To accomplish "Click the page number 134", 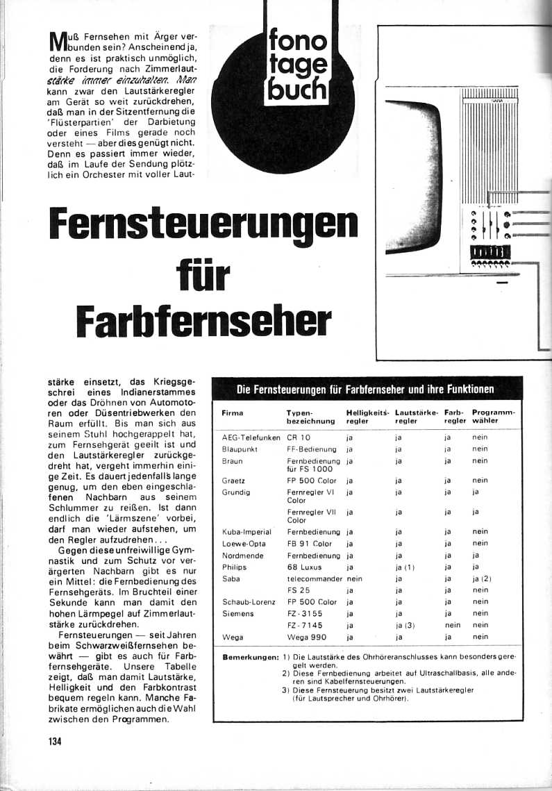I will point(56,740).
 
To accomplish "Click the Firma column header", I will point(232,413).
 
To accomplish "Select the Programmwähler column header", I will point(493,417).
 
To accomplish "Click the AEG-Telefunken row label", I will point(251,438).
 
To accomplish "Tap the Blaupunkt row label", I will point(240,449).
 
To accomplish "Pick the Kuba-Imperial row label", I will point(246,532).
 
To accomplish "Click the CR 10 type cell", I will point(299,438).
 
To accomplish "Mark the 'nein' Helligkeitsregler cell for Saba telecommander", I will point(355,578).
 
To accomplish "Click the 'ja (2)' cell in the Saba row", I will point(482,578).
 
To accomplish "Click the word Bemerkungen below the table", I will point(251,657).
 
